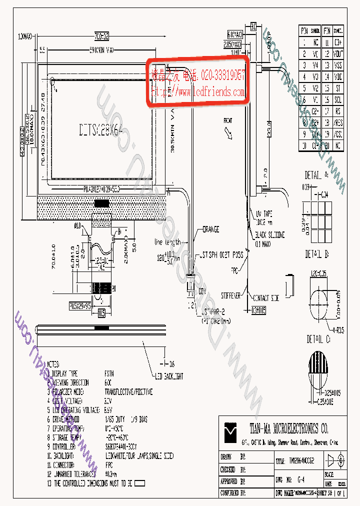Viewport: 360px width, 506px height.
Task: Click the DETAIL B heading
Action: [x=316, y=254]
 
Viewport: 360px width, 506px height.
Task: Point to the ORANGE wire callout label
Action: [x=210, y=229]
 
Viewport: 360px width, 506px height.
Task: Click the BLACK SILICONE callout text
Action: [x=270, y=235]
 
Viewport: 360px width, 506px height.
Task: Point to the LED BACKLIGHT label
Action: [x=168, y=375]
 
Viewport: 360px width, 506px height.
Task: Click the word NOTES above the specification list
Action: [x=52, y=364]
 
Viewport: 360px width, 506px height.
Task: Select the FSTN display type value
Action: [x=109, y=373]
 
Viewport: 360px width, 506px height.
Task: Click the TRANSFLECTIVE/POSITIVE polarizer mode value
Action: [x=128, y=392]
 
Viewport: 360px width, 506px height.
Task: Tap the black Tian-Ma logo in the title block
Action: [x=231, y=431]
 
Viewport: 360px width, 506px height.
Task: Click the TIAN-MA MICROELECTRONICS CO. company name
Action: [x=288, y=428]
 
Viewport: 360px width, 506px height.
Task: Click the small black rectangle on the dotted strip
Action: [x=102, y=203]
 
